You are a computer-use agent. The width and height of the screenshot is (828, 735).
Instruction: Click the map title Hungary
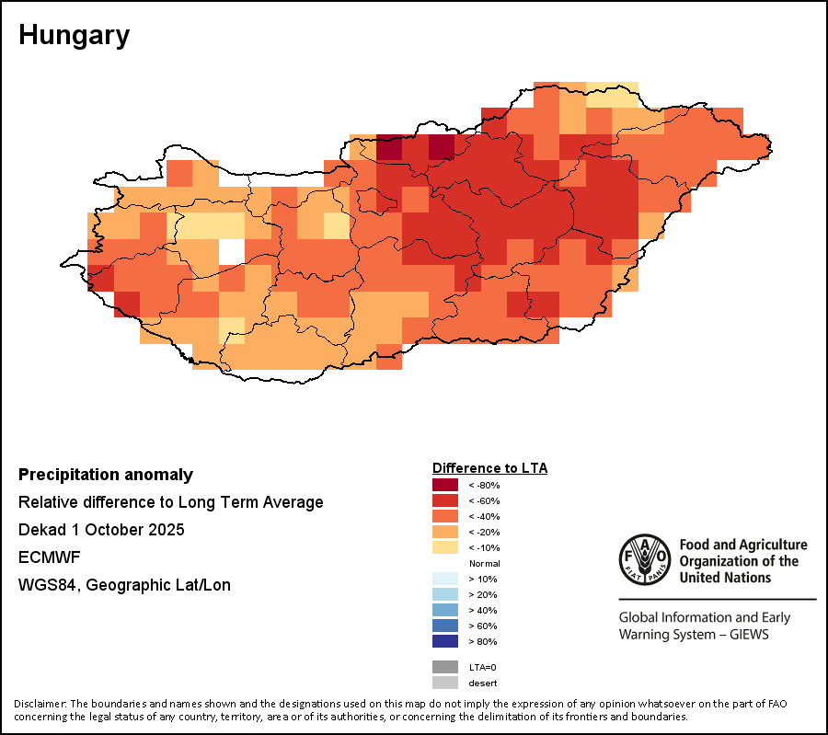coord(74,36)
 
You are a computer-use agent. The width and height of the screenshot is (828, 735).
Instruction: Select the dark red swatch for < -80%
coord(445,485)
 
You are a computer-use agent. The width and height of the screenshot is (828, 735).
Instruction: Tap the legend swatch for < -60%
coord(445,500)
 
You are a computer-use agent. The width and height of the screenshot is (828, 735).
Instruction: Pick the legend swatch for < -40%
coord(445,516)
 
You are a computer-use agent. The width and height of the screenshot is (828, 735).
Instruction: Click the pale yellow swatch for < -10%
coord(445,547)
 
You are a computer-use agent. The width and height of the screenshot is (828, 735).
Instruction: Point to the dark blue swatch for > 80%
coord(445,641)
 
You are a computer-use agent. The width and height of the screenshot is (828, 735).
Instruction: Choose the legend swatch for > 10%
coord(445,579)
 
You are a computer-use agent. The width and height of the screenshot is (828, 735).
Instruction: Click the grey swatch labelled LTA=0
coord(445,667)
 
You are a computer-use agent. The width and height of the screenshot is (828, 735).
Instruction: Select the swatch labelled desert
coord(445,683)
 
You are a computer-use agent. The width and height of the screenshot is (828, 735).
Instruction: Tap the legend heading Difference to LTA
coord(489,468)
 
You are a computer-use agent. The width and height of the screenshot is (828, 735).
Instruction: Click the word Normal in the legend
coord(484,563)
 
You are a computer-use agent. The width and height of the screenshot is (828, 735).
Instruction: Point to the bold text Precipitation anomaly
coord(106,475)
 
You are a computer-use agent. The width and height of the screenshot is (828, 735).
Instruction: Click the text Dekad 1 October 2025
coord(101,530)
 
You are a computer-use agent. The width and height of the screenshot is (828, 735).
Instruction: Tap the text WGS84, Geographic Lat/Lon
coord(124,585)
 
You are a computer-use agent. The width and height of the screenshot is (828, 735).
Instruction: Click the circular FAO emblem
coord(645,559)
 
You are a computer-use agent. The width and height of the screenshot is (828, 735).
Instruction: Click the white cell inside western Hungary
coord(232,251)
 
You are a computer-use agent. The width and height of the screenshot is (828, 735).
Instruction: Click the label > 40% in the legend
coord(483,610)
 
